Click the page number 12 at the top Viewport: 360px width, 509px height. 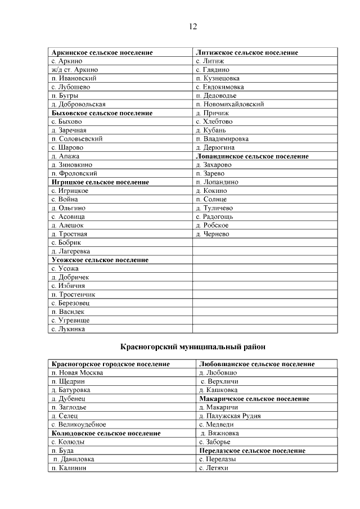(x=192, y=26)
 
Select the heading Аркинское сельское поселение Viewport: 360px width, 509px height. (x=102, y=52)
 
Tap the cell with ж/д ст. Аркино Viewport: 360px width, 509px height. (x=74, y=70)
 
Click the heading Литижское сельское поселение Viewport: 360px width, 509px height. (x=246, y=52)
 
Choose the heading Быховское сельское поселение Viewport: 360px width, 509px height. (x=101, y=113)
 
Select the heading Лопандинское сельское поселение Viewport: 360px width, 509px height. (x=251, y=156)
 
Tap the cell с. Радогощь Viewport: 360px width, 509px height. (x=214, y=217)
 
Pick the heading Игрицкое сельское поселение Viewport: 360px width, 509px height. (x=100, y=182)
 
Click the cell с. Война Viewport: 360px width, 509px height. (x=64, y=200)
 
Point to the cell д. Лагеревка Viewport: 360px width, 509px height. (x=70, y=251)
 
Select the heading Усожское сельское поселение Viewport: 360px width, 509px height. (x=100, y=260)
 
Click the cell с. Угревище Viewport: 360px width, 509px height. (x=70, y=320)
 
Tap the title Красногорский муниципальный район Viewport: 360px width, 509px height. (x=193, y=347)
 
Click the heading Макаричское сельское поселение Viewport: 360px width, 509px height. (x=254, y=399)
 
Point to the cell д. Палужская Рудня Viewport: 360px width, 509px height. (x=229, y=416)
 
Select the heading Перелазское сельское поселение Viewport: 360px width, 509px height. (x=252, y=451)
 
